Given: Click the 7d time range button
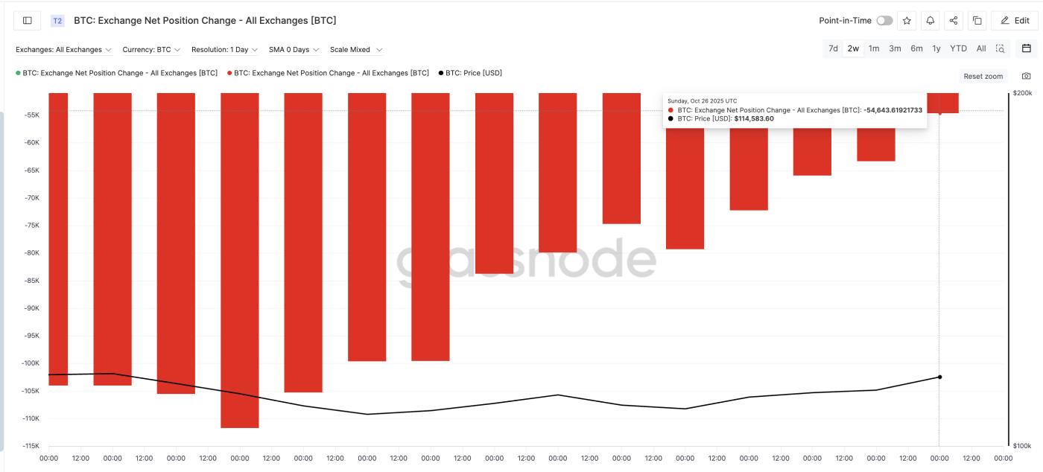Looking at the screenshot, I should (x=833, y=48).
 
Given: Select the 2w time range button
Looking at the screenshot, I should (x=853, y=48).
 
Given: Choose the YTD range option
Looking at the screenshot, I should (x=958, y=48).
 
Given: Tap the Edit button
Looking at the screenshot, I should (x=1015, y=21).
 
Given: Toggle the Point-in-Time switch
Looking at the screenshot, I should (x=884, y=21).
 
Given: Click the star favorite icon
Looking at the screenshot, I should (x=907, y=21).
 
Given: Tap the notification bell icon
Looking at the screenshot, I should (x=930, y=21).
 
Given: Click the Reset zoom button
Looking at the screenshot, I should (x=983, y=76).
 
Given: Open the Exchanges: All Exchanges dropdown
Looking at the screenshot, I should (x=63, y=50).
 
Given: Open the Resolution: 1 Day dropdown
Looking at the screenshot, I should (x=224, y=50).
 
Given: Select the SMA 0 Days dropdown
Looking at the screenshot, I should (x=294, y=50).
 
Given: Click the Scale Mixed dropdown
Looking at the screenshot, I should (x=355, y=50).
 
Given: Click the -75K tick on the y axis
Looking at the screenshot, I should (x=31, y=226).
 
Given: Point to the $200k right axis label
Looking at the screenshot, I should (x=1022, y=93).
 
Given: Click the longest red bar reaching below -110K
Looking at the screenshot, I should (x=240, y=261).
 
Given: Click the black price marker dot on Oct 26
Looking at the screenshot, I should (x=939, y=377).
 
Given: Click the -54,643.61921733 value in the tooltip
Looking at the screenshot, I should (x=893, y=110).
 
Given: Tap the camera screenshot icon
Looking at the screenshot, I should (x=1027, y=76).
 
